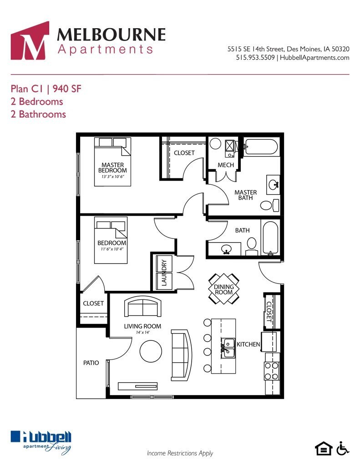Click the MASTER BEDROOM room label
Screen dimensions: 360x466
(x=113, y=167)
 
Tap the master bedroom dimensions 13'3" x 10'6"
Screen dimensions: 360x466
(x=112, y=176)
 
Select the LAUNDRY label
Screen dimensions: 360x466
(x=164, y=272)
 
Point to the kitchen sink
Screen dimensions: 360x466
(x=228, y=348)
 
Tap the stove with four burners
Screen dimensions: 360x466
(x=271, y=370)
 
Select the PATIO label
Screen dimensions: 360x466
(x=91, y=363)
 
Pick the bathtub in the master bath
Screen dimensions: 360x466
(x=260, y=147)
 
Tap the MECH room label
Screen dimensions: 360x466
(x=226, y=164)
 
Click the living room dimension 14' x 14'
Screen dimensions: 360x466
(x=142, y=333)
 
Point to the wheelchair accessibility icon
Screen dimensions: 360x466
(x=343, y=448)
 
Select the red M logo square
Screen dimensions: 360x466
(x=30, y=41)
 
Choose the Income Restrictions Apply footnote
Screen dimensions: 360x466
(x=180, y=453)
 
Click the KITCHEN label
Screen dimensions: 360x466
(x=248, y=344)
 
